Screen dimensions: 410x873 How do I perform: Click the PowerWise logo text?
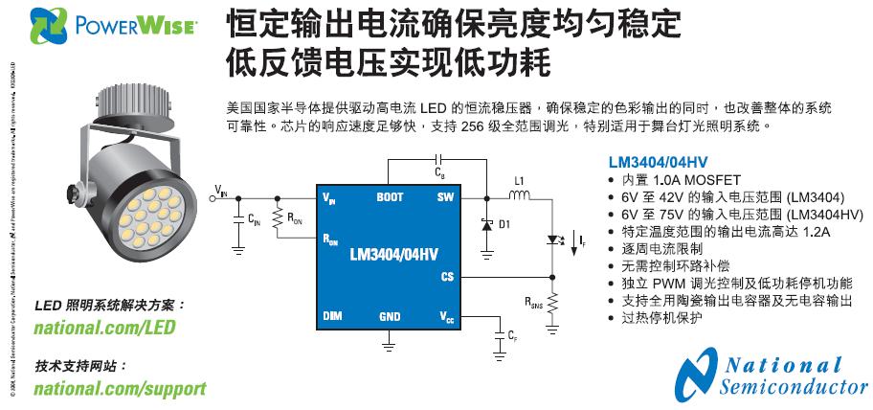139,25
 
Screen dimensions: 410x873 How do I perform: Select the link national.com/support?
120,389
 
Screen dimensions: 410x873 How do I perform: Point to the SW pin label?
445,197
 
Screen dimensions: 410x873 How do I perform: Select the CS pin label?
446,276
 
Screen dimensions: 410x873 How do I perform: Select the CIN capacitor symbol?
236,221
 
